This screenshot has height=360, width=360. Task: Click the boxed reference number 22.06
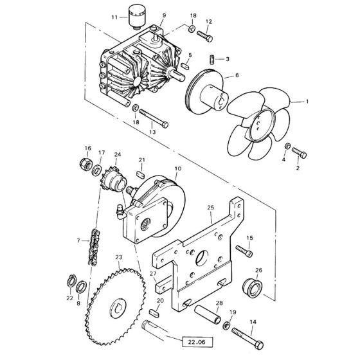coord(197,342)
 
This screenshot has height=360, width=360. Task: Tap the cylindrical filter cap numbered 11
coord(137,17)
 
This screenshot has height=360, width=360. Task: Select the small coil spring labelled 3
coord(212,60)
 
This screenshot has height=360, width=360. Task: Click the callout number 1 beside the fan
coord(307,102)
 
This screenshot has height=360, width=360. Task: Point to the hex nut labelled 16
coord(86,164)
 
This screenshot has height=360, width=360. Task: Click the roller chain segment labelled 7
coord(94,248)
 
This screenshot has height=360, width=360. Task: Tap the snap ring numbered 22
coord(71,281)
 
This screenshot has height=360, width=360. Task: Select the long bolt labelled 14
coord(248,338)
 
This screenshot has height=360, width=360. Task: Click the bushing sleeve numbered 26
coord(252,288)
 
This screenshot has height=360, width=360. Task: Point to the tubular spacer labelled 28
coord(208,314)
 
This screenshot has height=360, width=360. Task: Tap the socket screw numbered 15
coord(244,251)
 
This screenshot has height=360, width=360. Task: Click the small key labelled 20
coord(154,313)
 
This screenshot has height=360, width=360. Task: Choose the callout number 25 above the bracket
coord(210,208)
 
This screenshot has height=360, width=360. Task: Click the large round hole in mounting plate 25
coord(202,258)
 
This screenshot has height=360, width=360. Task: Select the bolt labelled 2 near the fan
coord(299,153)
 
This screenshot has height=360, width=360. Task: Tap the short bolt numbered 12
coord(204,37)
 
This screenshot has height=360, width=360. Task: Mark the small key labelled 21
coord(140,174)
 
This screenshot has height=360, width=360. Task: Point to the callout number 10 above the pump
coord(178,168)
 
